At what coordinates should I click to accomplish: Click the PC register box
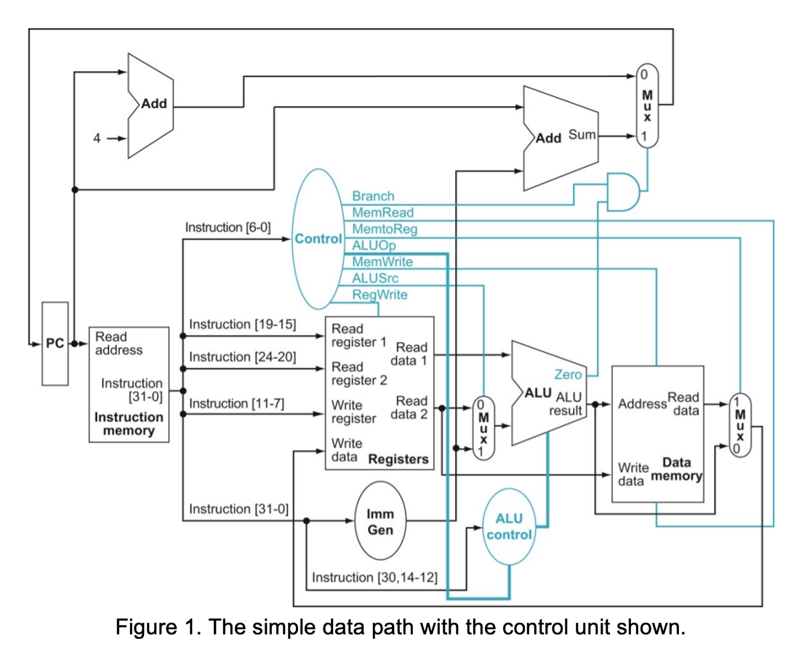point(55,344)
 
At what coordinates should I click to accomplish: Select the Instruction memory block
point(129,384)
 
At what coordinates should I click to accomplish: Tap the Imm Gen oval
point(380,522)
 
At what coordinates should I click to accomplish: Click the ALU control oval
point(509,527)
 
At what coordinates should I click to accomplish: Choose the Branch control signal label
point(373,196)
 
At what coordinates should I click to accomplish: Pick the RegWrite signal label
point(380,294)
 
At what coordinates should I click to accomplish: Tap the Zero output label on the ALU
point(568,375)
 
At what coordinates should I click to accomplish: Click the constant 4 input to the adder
point(96,138)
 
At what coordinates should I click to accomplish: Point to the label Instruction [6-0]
point(228,227)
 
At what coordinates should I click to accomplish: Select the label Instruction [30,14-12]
point(374,577)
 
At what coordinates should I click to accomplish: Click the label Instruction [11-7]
point(236,403)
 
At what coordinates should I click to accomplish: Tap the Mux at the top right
point(646,105)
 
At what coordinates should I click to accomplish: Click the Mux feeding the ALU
point(481,427)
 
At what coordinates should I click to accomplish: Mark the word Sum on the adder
point(582,135)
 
